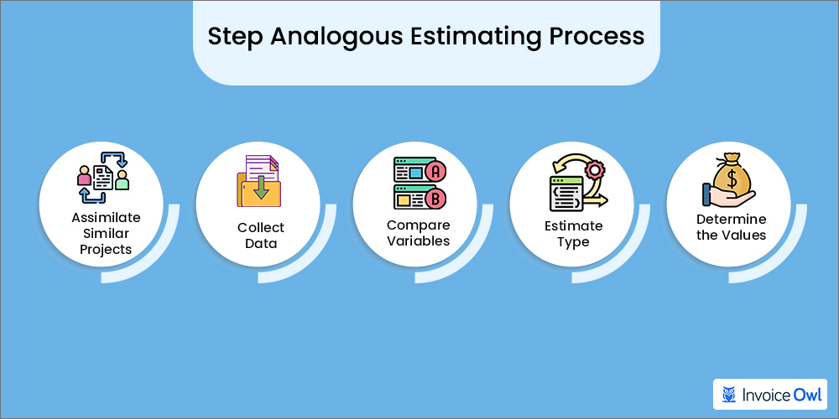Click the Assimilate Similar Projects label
tap(106, 234)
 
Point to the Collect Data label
tap(261, 235)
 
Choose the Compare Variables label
tap(418, 233)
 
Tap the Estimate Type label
tap(573, 234)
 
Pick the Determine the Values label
tap(731, 227)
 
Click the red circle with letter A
tap(435, 172)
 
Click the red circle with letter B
tap(435, 199)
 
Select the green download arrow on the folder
tap(261, 187)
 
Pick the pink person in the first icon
tap(84, 177)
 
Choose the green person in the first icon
tap(123, 178)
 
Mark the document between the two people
tap(103, 177)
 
